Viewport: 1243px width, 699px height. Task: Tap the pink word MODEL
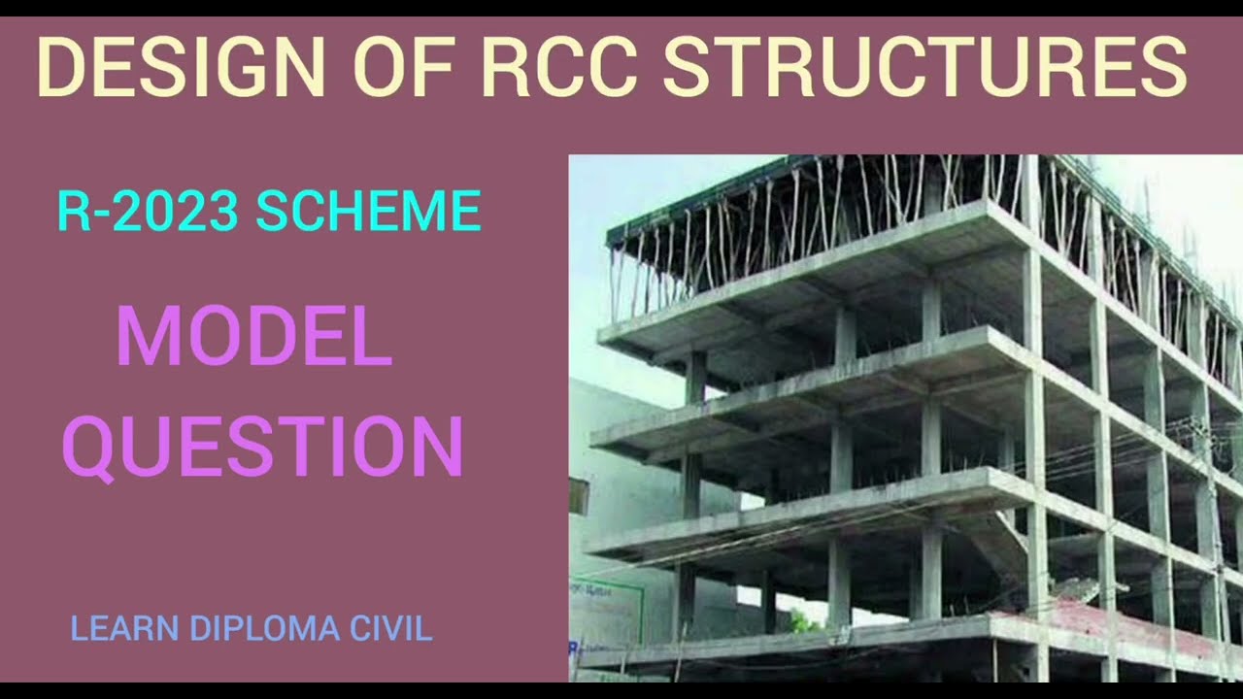(254, 337)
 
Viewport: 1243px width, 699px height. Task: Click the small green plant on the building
(803, 622)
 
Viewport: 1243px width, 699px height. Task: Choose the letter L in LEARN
(77, 628)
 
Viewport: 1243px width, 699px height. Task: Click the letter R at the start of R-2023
(72, 212)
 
